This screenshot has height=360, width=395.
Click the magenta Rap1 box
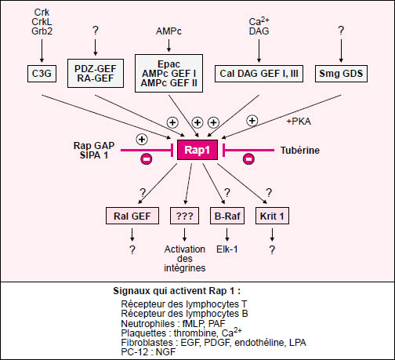pos(197,150)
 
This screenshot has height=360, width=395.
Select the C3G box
pos(42,74)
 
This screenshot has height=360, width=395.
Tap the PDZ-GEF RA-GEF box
pos(96,73)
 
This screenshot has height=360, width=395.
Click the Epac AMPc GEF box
pos(169,73)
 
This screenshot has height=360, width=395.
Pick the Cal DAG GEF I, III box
pos(259,74)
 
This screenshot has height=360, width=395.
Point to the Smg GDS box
pos(341,74)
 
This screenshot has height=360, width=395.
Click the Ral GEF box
pos(132,216)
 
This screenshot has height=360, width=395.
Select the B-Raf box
pos(227,216)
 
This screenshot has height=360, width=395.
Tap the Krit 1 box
pos(272,216)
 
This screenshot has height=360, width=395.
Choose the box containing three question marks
pos(184,216)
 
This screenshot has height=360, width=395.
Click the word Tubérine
pos(300,151)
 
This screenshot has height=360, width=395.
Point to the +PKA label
pos(299,122)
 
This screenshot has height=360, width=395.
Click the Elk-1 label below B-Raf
pos(227,249)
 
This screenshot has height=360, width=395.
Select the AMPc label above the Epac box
pos(169,31)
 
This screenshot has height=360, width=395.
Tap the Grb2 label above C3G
pos(42,31)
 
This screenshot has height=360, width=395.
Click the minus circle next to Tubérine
pos(248,159)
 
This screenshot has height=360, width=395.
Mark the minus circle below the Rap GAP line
pos(147,159)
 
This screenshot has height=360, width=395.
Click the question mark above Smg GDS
pos(341,31)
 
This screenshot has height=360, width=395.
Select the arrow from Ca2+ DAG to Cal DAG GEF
pos(259,51)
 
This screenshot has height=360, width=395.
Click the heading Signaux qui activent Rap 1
pos(176,291)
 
